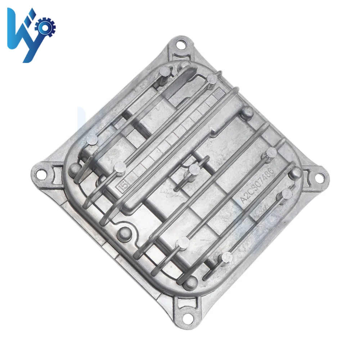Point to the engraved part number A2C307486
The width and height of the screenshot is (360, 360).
tap(257, 185)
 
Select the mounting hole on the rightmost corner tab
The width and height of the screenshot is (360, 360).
tap(319, 177)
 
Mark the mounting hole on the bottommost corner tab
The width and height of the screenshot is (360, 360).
tap(185, 318)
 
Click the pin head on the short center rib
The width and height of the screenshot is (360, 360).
tap(195, 168)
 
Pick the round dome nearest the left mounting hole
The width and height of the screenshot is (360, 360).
tap(74, 167)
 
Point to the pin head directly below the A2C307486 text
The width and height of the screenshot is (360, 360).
tap(287, 194)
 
